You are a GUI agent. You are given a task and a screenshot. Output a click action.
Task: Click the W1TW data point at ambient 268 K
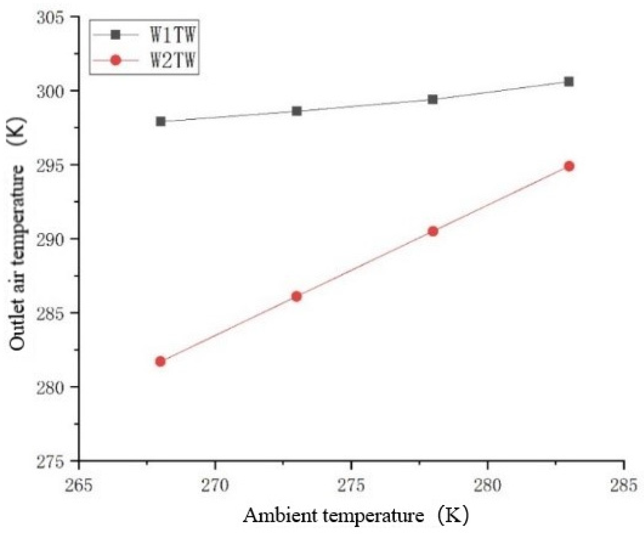coord(161,121)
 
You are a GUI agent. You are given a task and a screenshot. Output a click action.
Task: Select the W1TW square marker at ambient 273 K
coord(297,111)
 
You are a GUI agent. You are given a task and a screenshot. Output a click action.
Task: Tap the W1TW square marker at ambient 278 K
coord(433,99)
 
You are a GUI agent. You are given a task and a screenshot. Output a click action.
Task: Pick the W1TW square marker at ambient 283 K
coord(569,82)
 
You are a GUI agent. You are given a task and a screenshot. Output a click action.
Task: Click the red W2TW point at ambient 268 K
coord(161,361)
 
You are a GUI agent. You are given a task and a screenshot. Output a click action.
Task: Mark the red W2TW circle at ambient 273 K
coord(297,296)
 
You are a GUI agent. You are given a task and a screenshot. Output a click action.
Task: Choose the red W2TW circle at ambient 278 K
coord(433,231)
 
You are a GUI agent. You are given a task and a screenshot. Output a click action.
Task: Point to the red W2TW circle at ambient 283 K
coord(569,166)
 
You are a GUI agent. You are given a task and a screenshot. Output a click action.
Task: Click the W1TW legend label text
coord(173,36)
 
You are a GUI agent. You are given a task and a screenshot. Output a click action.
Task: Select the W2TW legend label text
coord(173,60)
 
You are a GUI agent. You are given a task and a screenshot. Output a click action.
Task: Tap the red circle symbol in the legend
coord(116,60)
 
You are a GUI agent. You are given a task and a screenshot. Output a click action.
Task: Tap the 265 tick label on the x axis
coord(79,485)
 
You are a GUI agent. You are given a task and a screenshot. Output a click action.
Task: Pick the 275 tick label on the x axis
coord(351,485)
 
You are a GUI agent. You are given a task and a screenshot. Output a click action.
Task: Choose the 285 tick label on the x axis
coord(623,485)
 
